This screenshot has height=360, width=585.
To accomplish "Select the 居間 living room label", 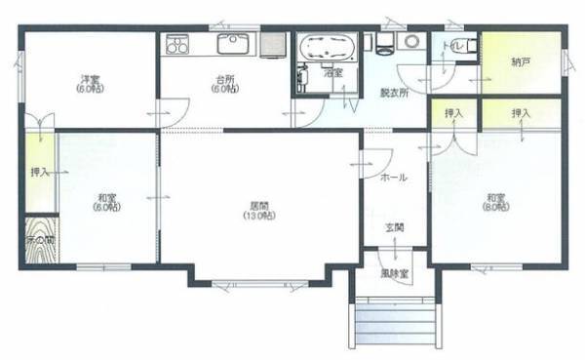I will (259, 206).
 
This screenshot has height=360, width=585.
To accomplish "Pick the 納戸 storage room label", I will (522, 63).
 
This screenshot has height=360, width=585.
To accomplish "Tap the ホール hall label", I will (394, 178).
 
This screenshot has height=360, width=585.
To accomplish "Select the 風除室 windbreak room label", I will (395, 275).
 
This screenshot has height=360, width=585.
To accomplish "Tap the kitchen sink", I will (234, 44).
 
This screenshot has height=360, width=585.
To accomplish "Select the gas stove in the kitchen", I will (177, 44).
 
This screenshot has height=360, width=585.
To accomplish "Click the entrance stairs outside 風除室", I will (394, 317).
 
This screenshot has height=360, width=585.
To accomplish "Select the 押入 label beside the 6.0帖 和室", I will (40, 173).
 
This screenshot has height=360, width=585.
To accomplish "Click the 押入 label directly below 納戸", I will (521, 114).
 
